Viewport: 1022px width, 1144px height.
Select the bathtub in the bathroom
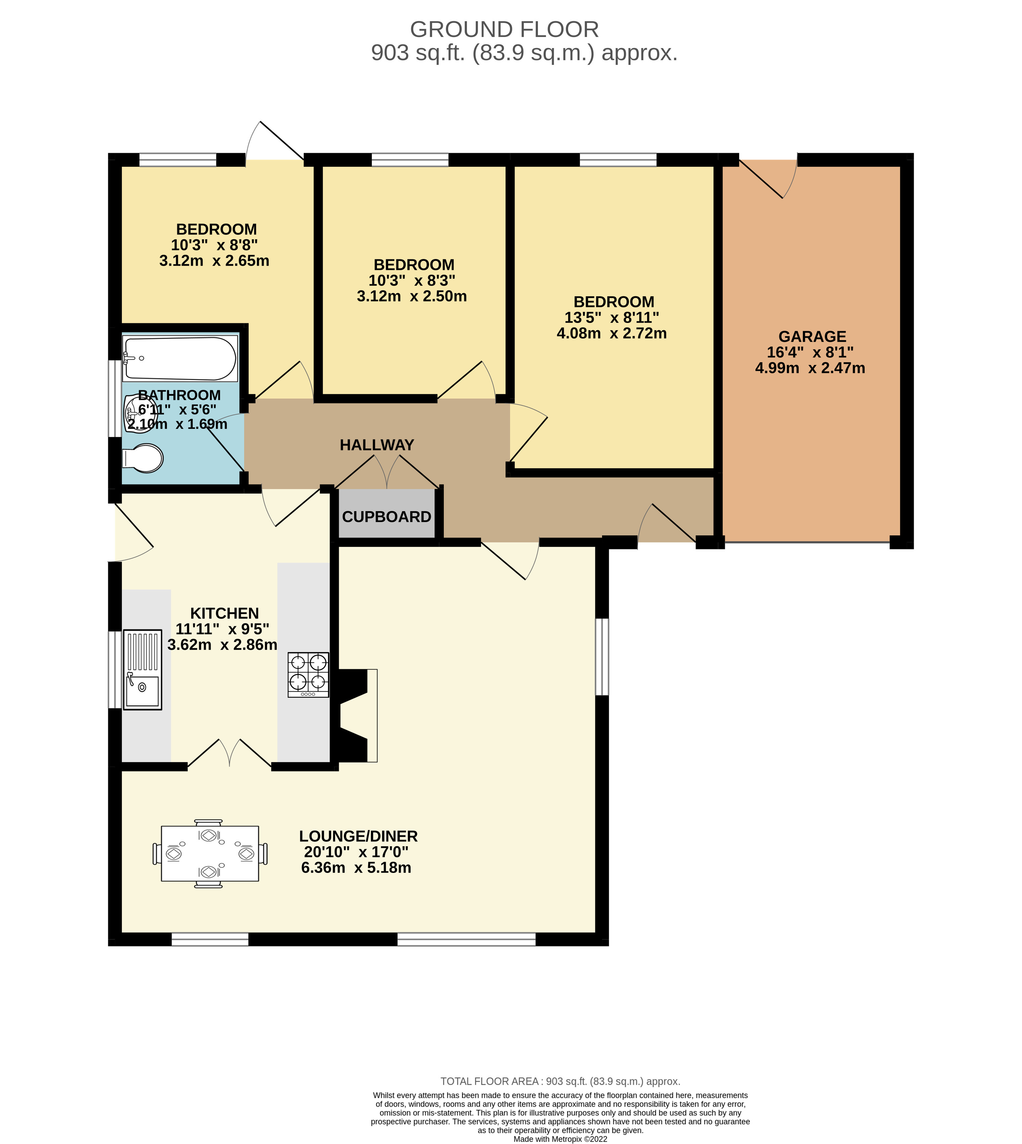(x=180, y=358)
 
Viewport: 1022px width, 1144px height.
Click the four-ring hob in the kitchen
(x=308, y=675)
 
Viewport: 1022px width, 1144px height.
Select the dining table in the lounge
(x=209, y=853)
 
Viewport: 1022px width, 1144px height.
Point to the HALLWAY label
(x=377, y=445)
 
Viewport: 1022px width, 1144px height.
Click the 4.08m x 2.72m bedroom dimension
(x=611, y=334)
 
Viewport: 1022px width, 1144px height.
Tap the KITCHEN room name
(x=225, y=613)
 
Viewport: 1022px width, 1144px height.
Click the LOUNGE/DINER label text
(x=358, y=836)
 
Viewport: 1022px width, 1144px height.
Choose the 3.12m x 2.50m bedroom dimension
(x=412, y=296)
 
